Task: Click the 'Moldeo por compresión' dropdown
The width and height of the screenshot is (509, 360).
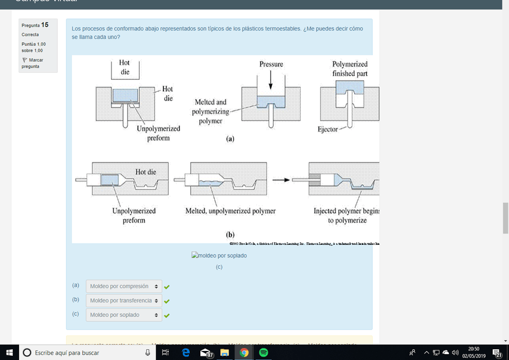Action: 124,286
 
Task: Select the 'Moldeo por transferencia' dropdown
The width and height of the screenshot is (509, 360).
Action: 124,301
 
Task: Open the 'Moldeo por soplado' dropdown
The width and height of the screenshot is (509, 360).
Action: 124,315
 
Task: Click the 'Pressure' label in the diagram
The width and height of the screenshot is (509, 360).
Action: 271,64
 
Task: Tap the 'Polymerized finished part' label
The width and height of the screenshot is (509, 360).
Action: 350,69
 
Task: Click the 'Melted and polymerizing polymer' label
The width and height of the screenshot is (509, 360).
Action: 209,112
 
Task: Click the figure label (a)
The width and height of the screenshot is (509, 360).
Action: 229,138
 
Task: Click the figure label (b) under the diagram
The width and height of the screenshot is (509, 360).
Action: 230,235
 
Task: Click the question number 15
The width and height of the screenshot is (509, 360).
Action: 45,25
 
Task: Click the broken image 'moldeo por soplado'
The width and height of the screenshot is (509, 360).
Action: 219,256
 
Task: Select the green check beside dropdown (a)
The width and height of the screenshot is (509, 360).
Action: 167,287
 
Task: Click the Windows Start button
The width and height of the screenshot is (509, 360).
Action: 10,353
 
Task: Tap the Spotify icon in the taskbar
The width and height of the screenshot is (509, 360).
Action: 264,353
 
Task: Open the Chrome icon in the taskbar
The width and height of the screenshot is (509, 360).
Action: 244,353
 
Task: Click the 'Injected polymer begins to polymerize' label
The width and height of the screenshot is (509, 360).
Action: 346,215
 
